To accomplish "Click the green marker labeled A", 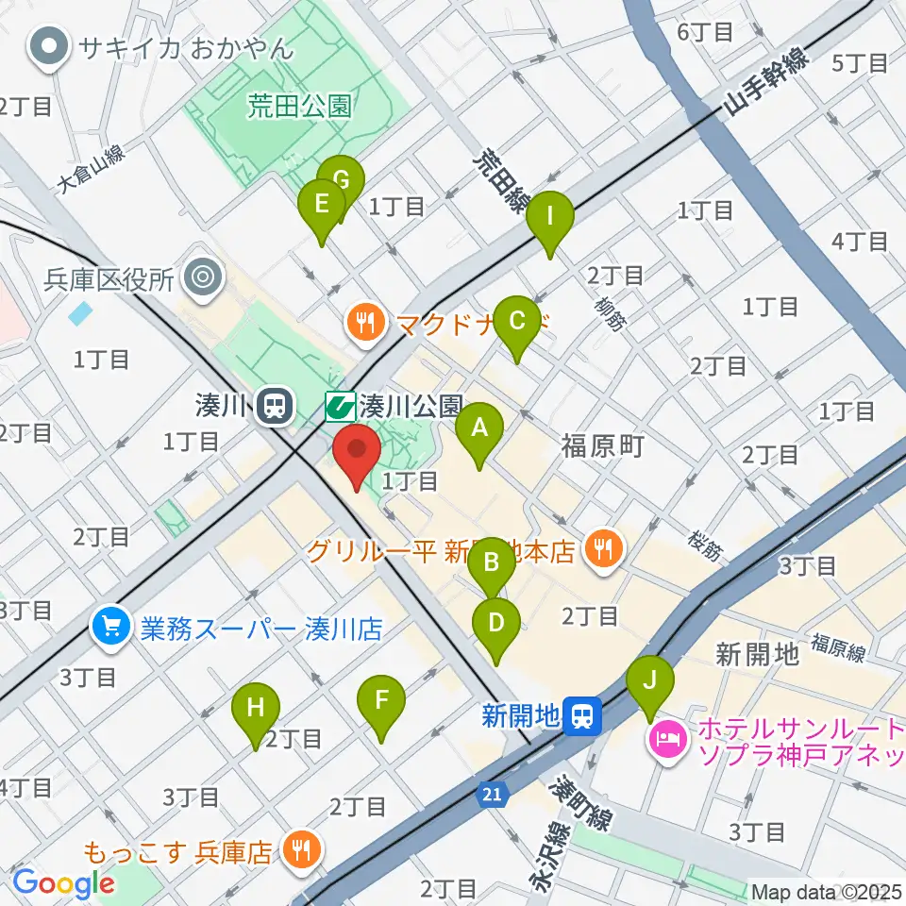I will (x=479, y=430).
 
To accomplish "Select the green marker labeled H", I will (x=256, y=709).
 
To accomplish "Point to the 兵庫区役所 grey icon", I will (x=201, y=278).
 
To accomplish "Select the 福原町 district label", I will (x=602, y=445).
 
